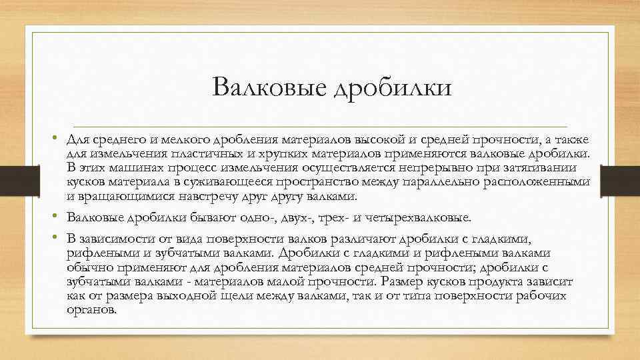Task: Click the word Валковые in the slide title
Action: [264, 88]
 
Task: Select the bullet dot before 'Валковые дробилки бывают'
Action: [59, 218]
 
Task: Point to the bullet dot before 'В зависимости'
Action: [59, 239]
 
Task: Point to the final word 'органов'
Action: [91, 311]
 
